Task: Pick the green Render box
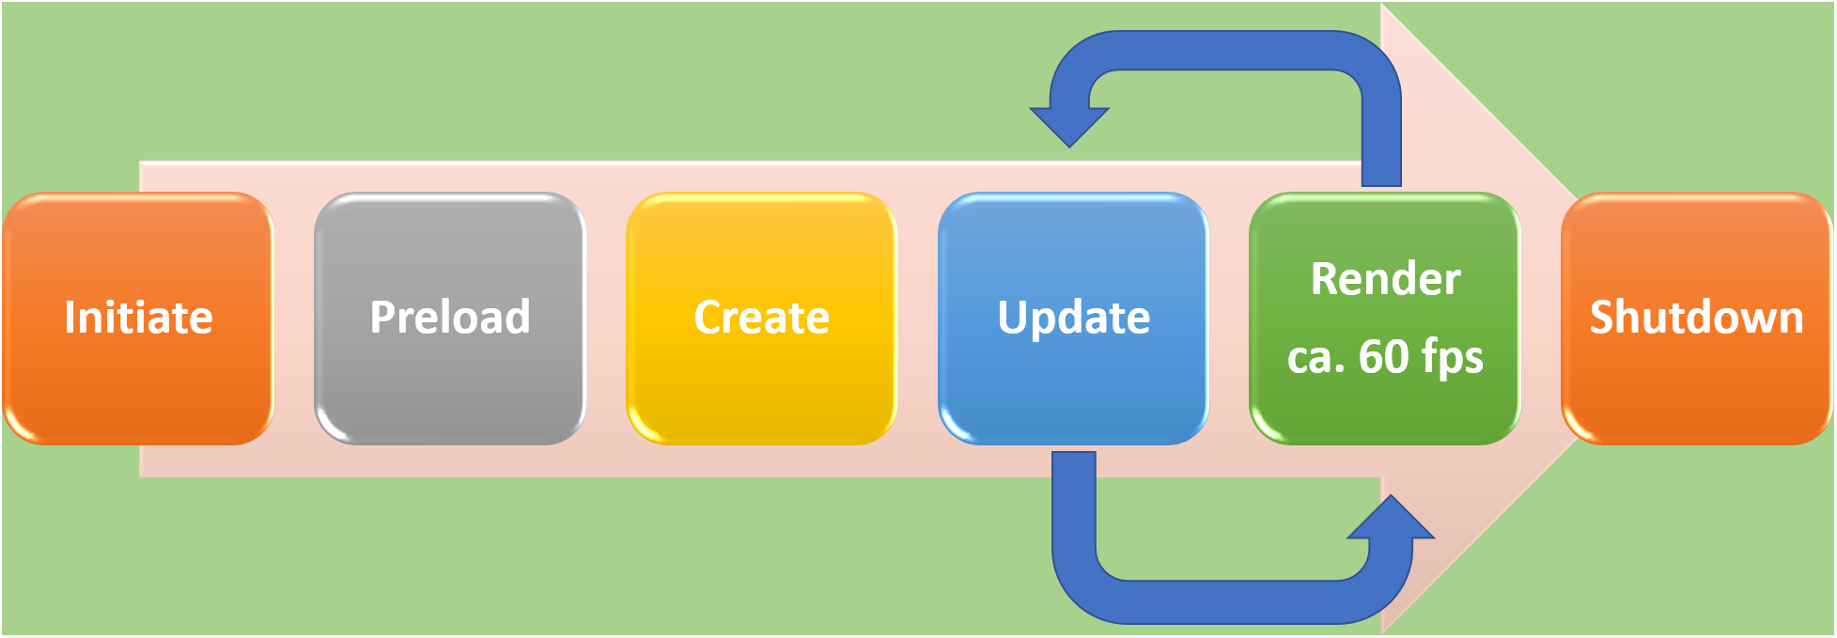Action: [1384, 413]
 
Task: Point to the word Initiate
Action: [138, 318]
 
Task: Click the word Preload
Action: [449, 318]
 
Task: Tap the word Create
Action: [761, 318]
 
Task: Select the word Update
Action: [1073, 318]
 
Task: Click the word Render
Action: [1385, 279]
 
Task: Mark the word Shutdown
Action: [1696, 318]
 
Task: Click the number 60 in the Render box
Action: [1382, 357]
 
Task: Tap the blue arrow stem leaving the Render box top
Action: [1381, 141]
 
